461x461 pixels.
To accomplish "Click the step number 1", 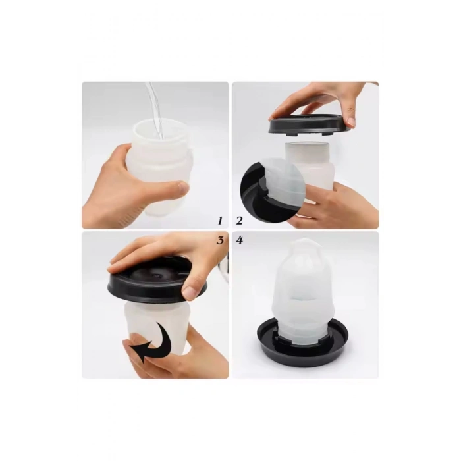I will pyautogui.click(x=221, y=220).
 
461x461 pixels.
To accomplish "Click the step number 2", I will pyautogui.click(x=238, y=220).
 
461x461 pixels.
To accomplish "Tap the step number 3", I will pyautogui.click(x=220, y=240).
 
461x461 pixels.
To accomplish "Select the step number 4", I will pyautogui.click(x=239, y=240).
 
